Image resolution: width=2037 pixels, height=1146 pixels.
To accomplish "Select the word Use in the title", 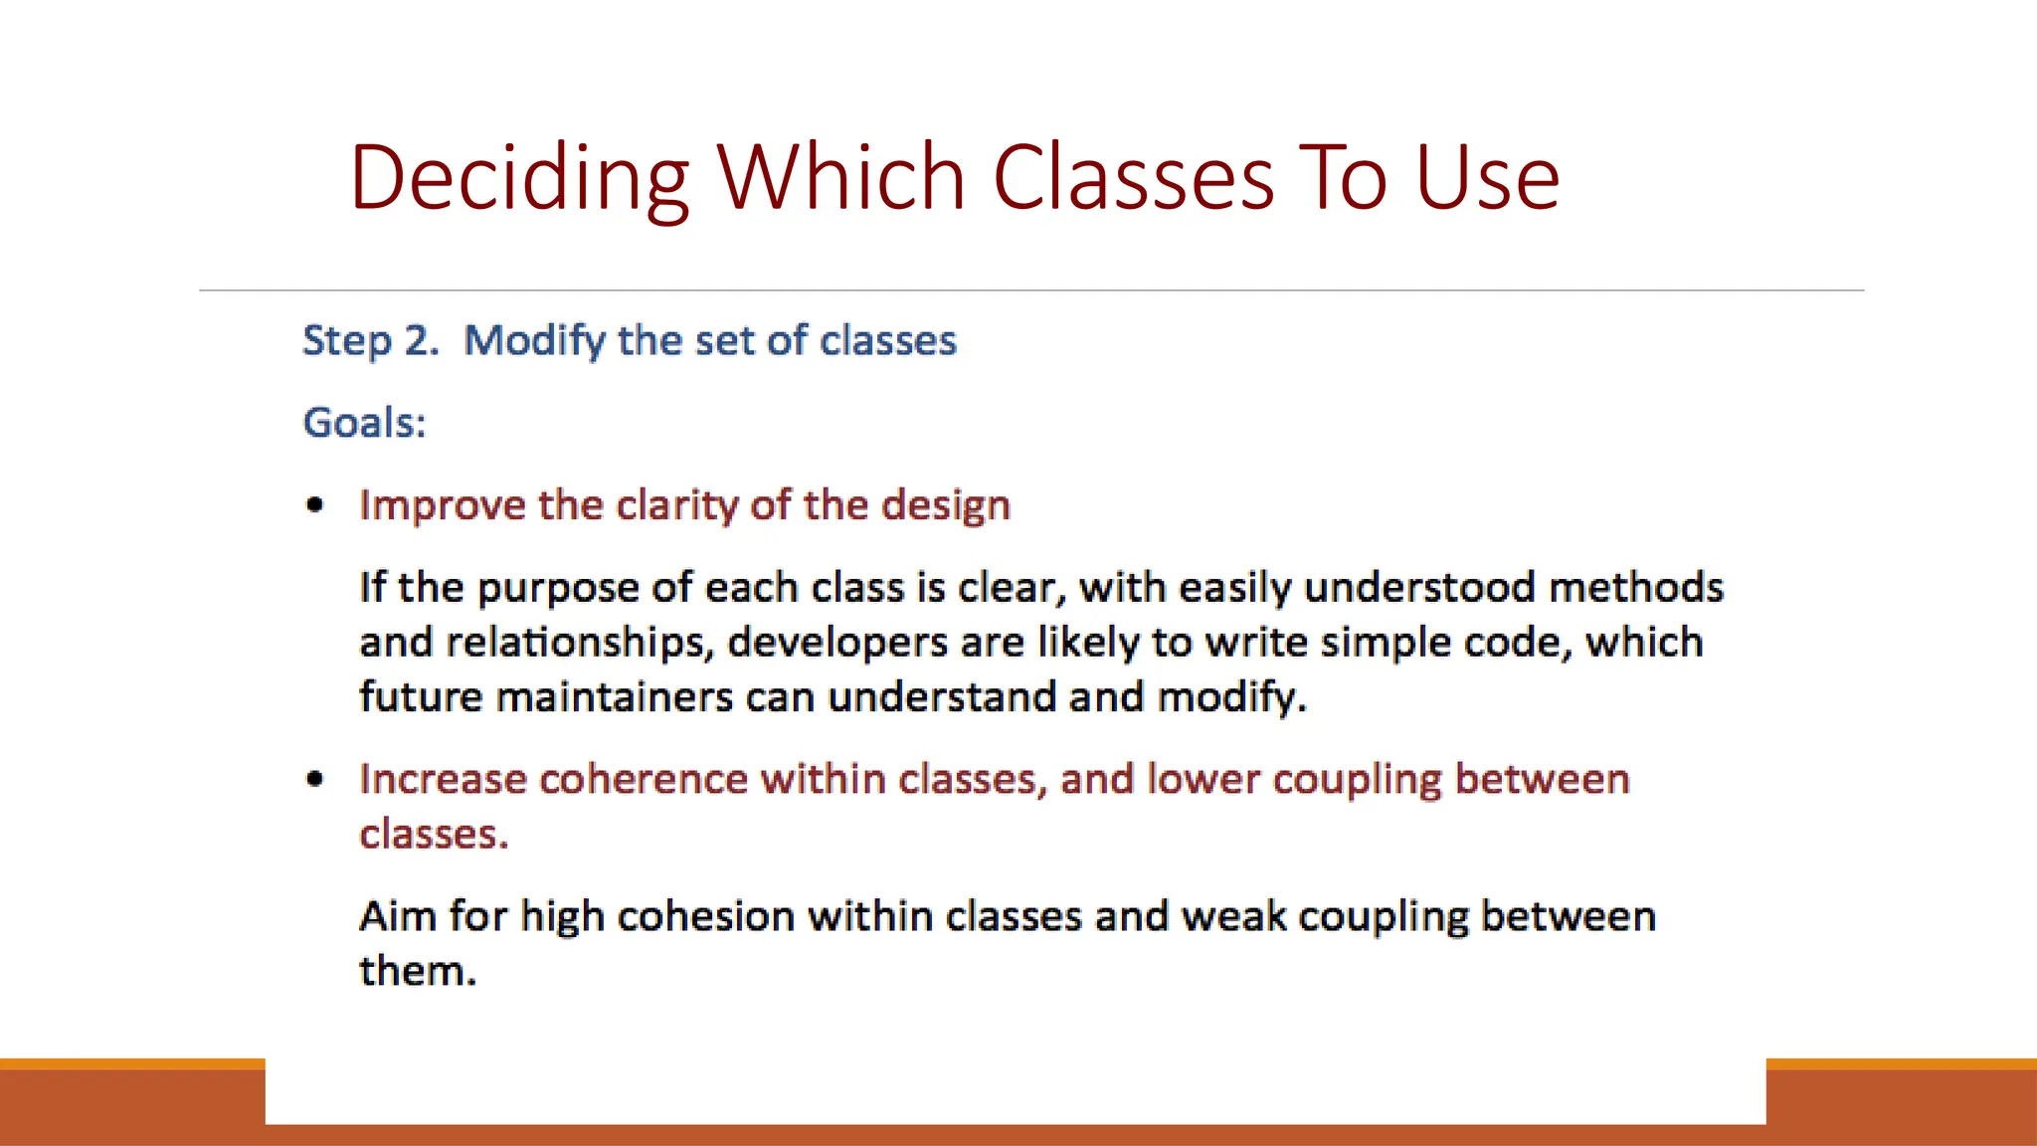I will [x=1487, y=179].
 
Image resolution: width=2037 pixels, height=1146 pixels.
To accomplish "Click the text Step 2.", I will [x=370, y=341].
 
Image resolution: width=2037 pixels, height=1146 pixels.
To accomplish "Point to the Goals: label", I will [x=364, y=423].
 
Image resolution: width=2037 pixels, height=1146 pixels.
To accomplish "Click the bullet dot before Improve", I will [x=315, y=505].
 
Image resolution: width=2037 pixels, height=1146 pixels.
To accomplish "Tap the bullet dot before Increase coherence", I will [x=315, y=779].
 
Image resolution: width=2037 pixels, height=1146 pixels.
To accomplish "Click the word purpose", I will [x=558, y=589].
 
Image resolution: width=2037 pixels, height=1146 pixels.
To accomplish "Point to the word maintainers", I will [x=615, y=696].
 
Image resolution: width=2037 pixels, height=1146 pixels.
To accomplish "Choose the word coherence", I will [x=643, y=779].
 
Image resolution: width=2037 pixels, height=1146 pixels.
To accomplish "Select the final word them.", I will [x=417, y=971].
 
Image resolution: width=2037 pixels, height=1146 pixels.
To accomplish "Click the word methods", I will [x=1636, y=588].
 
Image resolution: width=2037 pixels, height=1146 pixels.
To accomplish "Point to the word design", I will [x=946, y=505].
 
